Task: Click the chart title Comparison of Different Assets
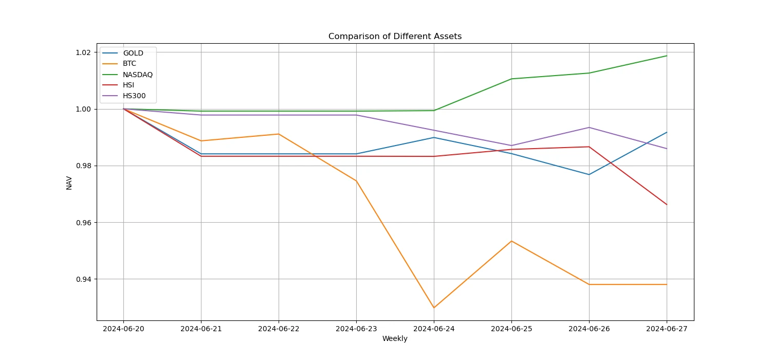(x=395, y=37)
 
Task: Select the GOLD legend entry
(x=133, y=53)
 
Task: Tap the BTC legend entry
(x=130, y=64)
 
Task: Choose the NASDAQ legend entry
(x=137, y=75)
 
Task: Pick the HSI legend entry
(x=129, y=85)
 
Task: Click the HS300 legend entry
(x=134, y=96)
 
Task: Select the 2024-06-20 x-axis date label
(x=123, y=328)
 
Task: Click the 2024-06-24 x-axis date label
(x=434, y=328)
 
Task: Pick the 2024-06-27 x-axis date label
(x=667, y=328)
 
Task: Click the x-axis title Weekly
(x=395, y=338)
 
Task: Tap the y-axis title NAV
(x=69, y=183)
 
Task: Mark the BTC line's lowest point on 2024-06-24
(x=434, y=308)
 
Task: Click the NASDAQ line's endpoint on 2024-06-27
(x=667, y=56)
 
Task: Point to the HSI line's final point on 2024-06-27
(x=667, y=205)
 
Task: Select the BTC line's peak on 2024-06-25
(x=511, y=241)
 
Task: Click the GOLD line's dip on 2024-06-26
(x=589, y=174)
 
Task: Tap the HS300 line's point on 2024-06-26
(x=589, y=128)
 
